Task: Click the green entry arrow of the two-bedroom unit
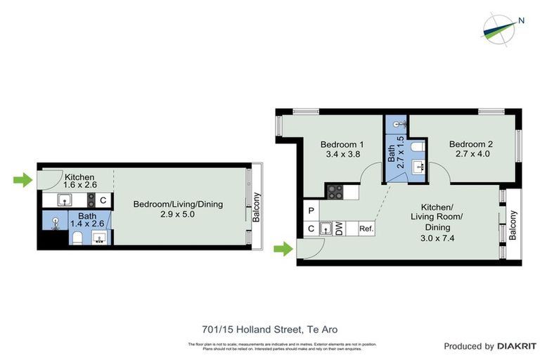click(282, 248)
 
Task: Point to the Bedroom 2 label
click(471, 144)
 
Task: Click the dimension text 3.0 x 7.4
click(442, 238)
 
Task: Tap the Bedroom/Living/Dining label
click(178, 205)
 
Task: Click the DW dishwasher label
click(339, 228)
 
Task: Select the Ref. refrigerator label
click(366, 229)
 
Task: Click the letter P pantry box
click(311, 210)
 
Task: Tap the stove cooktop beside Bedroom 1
click(334, 191)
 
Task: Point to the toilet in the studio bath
click(77, 238)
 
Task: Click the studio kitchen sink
click(64, 200)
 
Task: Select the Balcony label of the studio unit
click(257, 207)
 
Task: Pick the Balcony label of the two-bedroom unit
click(513, 225)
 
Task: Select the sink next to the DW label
click(326, 228)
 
